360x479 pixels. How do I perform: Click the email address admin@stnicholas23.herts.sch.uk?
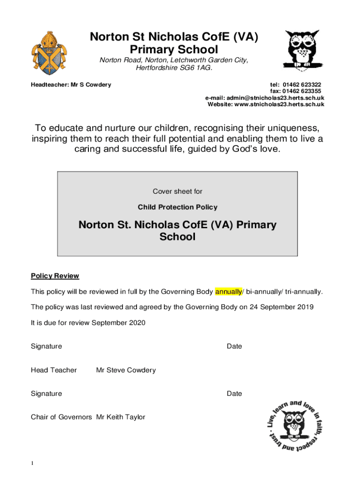click(276, 98)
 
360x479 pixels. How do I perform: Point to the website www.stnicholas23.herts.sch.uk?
click(279, 104)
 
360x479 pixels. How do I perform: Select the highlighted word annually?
click(228, 292)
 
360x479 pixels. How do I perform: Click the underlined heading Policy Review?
click(55, 276)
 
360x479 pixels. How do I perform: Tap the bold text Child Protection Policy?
click(177, 207)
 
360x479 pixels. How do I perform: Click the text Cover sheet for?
click(177, 191)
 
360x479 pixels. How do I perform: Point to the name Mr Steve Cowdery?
click(126, 370)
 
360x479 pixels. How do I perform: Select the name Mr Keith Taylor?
click(121, 417)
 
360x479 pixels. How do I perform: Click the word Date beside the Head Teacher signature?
click(234, 347)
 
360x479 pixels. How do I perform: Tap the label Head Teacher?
click(54, 370)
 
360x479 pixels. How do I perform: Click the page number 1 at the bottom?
click(32, 464)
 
